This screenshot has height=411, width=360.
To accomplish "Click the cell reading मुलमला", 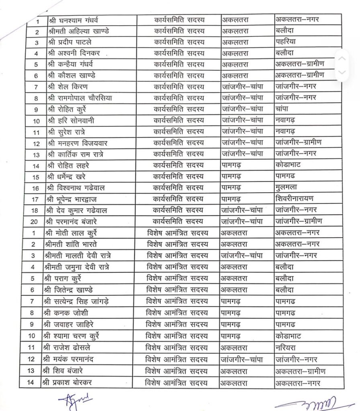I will tap(286, 187).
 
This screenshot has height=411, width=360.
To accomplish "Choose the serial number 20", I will tap(36, 222).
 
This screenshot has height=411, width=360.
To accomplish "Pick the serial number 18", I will tap(36, 210).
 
